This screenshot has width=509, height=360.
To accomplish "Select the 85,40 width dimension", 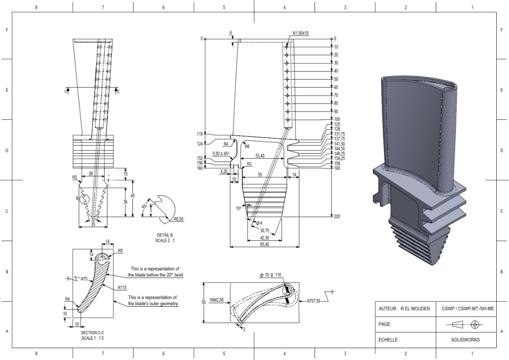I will [264, 244].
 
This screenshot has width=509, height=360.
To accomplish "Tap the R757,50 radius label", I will [313, 301].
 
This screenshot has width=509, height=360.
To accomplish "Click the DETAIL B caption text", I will [165, 235].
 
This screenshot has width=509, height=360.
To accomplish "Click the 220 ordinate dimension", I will [337, 216].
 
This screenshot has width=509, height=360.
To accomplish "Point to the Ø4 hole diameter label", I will [258, 222].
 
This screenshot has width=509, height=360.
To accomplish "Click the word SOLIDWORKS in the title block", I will [465, 339].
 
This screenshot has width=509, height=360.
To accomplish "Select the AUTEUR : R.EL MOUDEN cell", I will [404, 309].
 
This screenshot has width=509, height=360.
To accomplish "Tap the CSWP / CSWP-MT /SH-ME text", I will [465, 309].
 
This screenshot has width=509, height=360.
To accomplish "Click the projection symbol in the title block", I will [465, 324].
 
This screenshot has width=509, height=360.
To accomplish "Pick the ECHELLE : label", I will [389, 339].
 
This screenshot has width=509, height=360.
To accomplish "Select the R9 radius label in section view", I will [120, 251].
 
